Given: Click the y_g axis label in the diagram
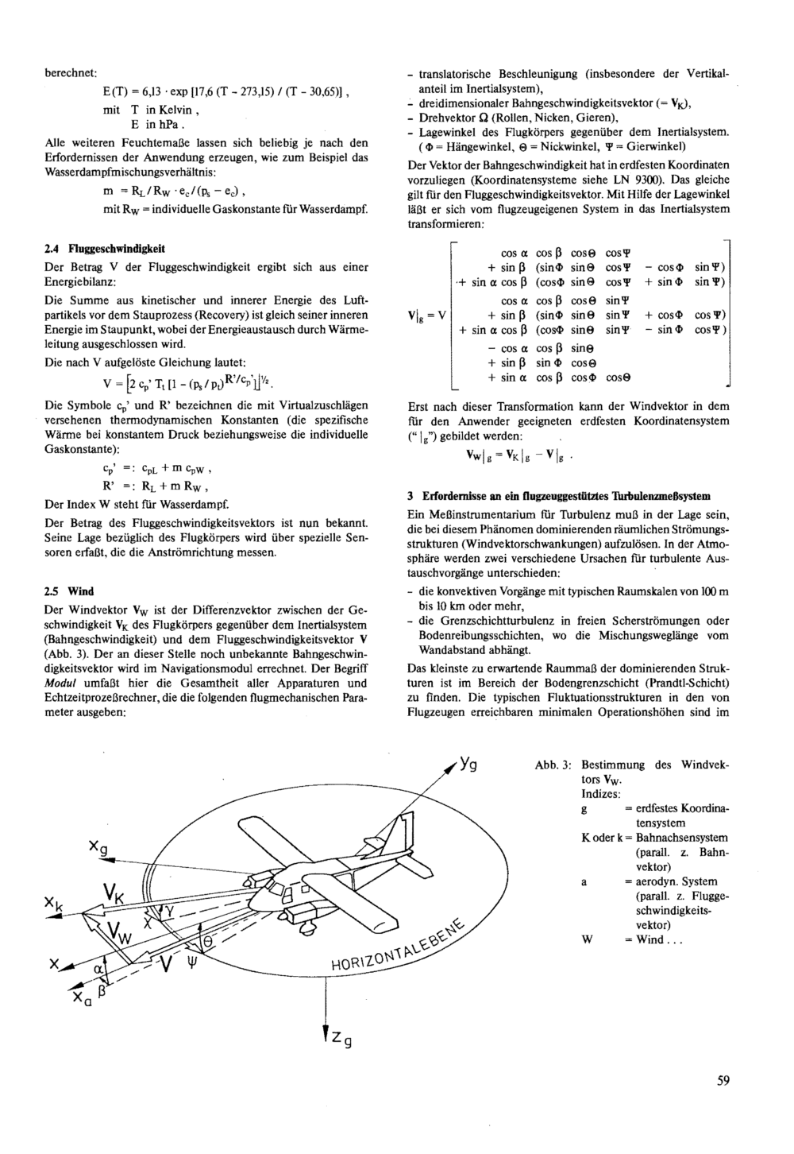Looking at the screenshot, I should point(469,766).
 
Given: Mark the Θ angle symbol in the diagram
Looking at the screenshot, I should point(207,939).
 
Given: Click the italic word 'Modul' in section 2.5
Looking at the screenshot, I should point(60,683).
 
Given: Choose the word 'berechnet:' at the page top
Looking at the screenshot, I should point(70,74).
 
